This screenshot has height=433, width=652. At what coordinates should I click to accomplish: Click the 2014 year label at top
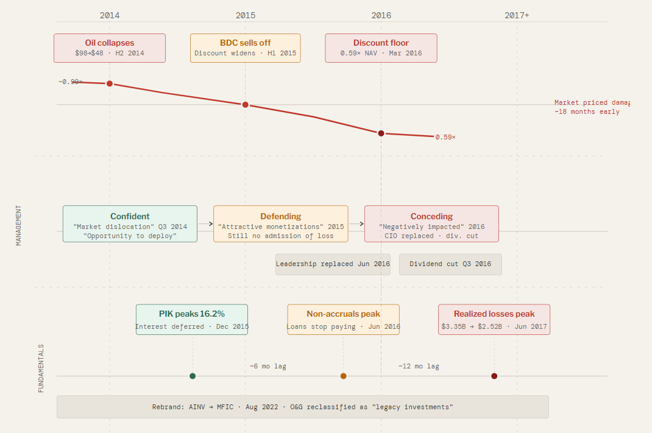tap(110, 15)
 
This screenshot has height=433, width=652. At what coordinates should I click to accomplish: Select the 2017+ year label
tap(517, 15)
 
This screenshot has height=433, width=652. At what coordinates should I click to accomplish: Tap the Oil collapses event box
tap(110, 48)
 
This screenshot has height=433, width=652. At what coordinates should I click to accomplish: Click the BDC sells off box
tap(246, 48)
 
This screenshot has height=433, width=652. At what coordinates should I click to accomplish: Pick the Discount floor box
tap(381, 48)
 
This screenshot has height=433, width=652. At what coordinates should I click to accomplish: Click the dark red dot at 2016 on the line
tap(381, 133)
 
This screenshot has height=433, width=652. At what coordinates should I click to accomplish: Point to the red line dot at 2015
tap(246, 105)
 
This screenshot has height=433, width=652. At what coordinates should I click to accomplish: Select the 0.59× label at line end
tap(445, 137)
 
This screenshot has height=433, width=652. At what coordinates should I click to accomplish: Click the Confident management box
tap(130, 224)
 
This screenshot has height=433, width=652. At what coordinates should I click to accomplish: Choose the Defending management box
tap(281, 224)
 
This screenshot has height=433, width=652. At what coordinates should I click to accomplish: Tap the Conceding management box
tap(431, 224)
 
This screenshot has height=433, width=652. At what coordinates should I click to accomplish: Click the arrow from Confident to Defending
tap(205, 224)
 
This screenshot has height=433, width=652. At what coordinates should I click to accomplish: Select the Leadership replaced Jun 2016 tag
tap(333, 264)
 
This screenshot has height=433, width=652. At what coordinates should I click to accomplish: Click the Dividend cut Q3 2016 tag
tap(450, 264)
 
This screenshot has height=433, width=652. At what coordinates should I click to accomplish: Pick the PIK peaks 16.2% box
tap(192, 320)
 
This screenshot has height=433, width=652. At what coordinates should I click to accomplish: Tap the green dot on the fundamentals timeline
tap(193, 376)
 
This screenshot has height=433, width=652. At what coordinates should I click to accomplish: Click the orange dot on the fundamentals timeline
tap(343, 376)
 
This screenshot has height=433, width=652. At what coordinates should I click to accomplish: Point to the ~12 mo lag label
tap(419, 366)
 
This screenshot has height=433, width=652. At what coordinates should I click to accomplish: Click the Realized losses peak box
tap(494, 320)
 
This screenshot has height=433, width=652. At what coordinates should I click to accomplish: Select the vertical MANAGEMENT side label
tap(18, 225)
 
